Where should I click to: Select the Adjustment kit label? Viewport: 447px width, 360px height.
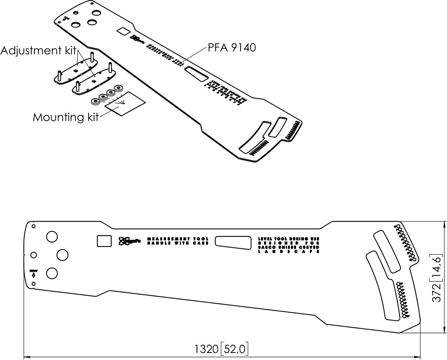pos(38,51)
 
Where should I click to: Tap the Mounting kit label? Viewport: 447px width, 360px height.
pos(66,117)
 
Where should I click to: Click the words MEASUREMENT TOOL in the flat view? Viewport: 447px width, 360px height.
pos(178,238)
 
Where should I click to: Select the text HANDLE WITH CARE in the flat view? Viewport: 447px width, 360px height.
pos(178,243)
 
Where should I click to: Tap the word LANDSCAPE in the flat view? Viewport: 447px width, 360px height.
pos(289,252)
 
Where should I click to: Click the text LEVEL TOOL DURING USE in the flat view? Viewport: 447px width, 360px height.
pos(289,238)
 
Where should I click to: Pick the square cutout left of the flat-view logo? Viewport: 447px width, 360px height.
pos(104,241)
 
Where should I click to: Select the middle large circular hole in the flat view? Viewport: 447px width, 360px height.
pos(62,255)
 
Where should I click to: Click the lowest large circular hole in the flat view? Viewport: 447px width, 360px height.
pos(52,273)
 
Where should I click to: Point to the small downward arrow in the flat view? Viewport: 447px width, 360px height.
pos(34,275)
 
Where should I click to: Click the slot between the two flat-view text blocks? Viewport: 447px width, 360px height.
pos(233,242)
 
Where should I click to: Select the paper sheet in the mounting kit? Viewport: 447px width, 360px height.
pos(125,103)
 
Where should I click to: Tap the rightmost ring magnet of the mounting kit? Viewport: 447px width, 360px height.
pos(119,89)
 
